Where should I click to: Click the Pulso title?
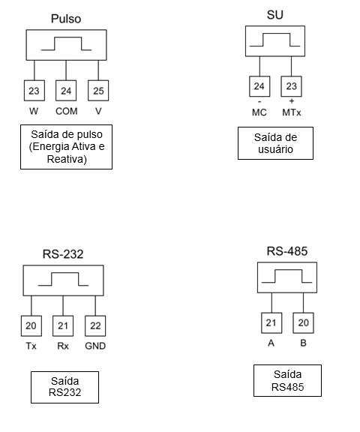pos(66,19)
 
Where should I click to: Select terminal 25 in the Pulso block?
pos(98,91)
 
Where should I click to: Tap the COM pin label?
pos(67,111)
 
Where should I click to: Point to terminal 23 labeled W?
pos(34,91)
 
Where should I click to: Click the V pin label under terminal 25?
pos(98,111)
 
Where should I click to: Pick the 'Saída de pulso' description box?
pos(67,147)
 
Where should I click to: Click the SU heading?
pos(275,15)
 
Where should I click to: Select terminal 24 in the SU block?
pos(259,86)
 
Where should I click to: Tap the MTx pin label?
pos(292,112)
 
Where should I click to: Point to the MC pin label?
pos(259,112)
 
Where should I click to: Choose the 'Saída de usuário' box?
pos(275,143)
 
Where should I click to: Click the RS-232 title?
pos(63,254)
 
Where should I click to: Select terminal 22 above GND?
pos(95,326)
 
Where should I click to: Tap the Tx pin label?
pos(31,346)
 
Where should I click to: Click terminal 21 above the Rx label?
pos(63,326)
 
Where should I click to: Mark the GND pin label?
pos(95,346)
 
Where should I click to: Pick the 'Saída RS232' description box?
pos(64,387)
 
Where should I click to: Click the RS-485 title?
pos(287,251)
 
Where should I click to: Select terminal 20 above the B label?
pos(303,323)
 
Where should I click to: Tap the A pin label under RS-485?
pos(271,343)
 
